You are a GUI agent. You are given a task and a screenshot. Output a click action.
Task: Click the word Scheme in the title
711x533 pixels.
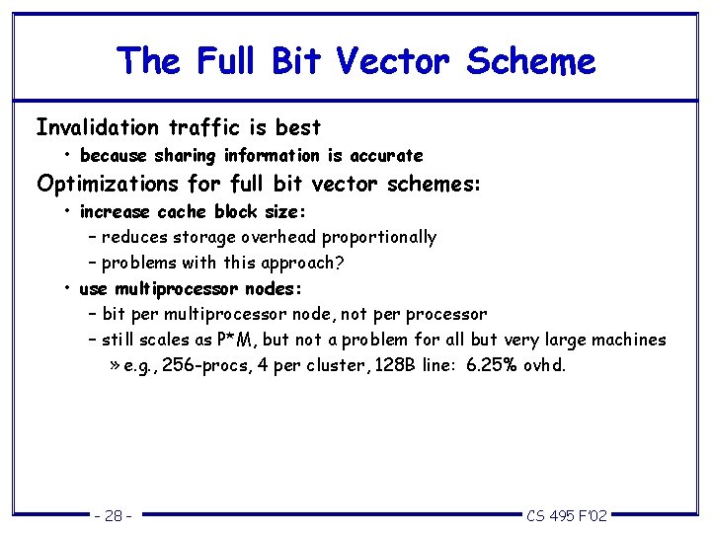531,61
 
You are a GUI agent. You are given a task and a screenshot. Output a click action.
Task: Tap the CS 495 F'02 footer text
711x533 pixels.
567,515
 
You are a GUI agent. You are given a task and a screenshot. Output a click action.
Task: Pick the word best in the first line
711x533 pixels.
298,127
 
